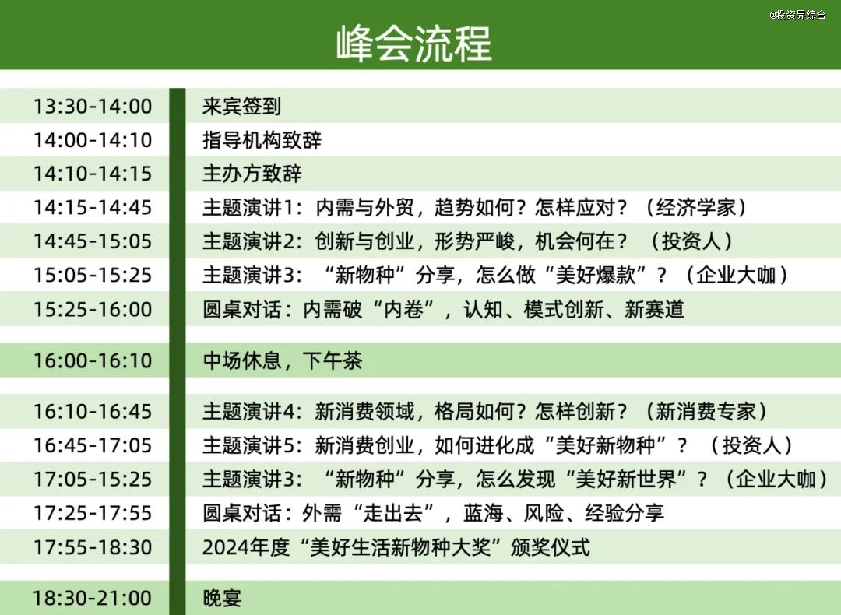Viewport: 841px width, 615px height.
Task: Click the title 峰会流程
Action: point(413,43)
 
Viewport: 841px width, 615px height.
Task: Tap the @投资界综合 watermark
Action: point(797,15)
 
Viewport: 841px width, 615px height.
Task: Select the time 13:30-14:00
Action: point(93,106)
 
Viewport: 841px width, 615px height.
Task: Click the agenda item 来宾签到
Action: point(241,106)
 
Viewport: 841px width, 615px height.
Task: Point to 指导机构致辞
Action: point(262,140)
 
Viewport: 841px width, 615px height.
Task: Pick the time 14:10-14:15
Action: point(93,174)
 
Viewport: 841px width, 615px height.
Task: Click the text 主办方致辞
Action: point(252,174)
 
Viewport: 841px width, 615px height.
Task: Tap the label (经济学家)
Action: point(695,208)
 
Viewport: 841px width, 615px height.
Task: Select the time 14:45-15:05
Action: point(93,241)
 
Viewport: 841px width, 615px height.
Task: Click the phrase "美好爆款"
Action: point(596,275)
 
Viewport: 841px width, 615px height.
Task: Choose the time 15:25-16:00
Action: point(93,309)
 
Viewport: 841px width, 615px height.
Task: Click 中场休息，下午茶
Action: point(282,360)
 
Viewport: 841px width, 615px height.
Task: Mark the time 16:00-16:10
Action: point(93,360)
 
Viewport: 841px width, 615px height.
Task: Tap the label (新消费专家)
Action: point(706,411)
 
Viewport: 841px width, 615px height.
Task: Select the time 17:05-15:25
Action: point(93,479)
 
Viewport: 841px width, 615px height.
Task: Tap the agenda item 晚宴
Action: point(222,598)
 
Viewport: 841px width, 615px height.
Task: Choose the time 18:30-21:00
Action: point(93,598)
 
